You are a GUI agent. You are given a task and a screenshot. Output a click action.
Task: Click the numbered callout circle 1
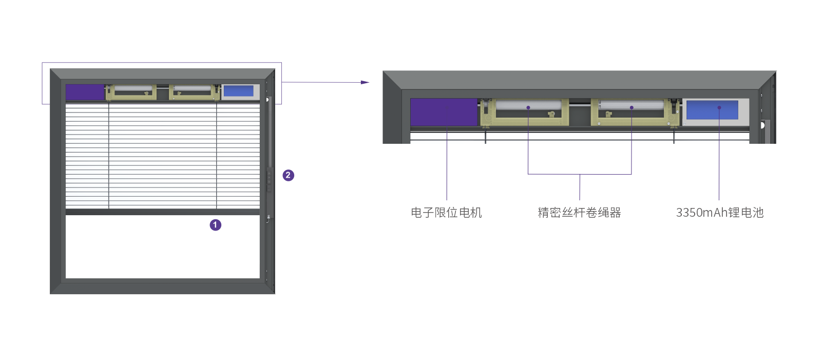(216, 225)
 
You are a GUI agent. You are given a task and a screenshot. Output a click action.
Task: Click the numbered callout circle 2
(288, 176)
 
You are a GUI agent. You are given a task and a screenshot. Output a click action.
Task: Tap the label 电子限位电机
(446, 213)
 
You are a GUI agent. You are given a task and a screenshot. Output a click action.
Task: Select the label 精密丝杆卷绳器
(579, 213)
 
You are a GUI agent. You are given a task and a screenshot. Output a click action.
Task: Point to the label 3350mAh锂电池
(719, 213)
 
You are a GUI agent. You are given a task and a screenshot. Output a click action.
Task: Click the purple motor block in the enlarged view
(444, 112)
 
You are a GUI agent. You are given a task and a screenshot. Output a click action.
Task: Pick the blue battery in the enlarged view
(712, 110)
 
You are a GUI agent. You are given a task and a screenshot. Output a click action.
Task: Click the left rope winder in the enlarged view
(524, 112)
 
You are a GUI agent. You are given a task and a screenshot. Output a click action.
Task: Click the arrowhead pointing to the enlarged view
(365, 82)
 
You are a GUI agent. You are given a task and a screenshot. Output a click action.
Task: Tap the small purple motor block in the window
(85, 92)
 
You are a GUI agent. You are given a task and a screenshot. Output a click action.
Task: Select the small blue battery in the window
(238, 91)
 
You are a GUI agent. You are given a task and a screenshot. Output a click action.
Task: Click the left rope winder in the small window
(131, 92)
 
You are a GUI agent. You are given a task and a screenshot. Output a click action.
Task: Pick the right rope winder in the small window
(194, 92)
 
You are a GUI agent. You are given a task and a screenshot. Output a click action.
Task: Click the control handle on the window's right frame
(268, 179)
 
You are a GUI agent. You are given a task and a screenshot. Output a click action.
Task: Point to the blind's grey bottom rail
(163, 212)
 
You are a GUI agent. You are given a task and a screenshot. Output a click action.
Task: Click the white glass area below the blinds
(163, 247)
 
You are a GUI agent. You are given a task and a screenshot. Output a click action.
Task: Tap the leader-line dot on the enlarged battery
(719, 108)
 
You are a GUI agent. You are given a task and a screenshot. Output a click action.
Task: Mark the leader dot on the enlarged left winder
(528, 108)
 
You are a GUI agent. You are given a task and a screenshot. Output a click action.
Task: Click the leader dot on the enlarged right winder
(632, 108)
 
